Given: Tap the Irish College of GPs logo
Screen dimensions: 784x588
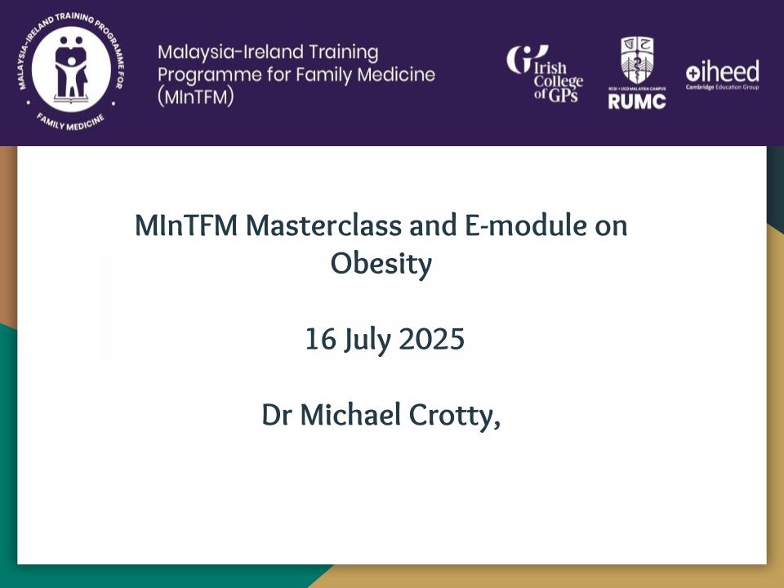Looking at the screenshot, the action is coord(545,73).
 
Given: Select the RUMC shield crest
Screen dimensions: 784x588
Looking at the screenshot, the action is coord(636,60).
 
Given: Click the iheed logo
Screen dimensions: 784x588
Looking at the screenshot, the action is coord(722,74).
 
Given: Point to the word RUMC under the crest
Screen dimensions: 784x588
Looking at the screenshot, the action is coord(636,101).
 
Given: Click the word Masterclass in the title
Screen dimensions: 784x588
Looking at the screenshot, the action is coord(323,225).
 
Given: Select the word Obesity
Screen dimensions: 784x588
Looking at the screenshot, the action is coord(381,264).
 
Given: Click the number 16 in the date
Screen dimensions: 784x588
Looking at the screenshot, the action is coord(320,339).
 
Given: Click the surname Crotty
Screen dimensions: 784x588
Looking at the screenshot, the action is coord(452,416).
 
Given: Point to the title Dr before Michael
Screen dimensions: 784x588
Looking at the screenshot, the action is coord(277,415).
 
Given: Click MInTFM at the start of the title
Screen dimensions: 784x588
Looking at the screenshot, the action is coord(186,225).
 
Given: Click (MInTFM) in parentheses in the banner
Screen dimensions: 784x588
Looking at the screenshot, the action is coord(195,96).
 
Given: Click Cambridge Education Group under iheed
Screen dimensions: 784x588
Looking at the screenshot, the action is coord(722,87).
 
